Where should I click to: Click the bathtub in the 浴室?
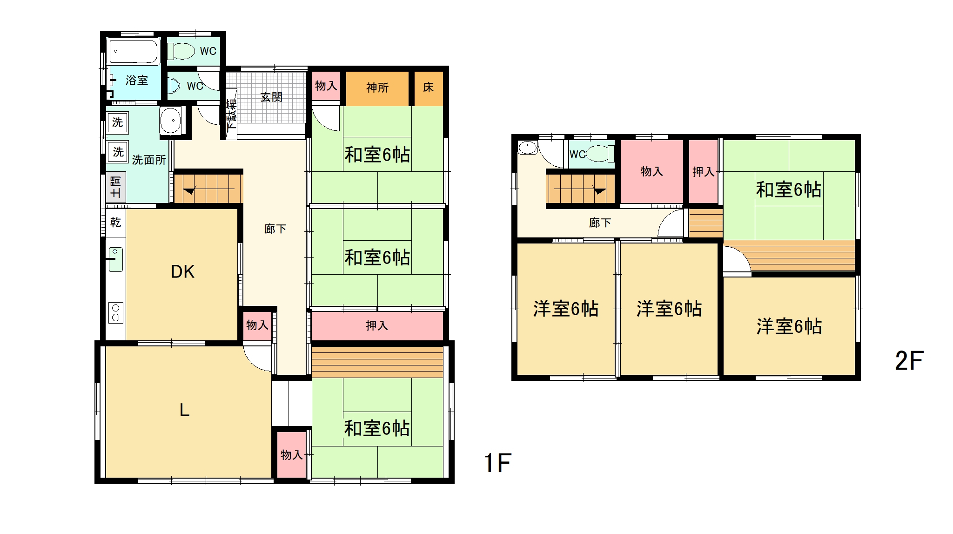[x=134, y=51]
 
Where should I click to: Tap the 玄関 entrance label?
[x=271, y=97]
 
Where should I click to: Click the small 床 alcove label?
[x=428, y=87]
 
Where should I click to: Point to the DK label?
[x=182, y=272]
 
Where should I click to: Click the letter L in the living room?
[x=184, y=410]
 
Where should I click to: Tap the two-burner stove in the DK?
[x=116, y=312]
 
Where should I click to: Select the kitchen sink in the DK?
[x=116, y=259]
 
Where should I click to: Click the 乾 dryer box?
[x=115, y=223]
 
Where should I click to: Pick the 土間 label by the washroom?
[x=115, y=186]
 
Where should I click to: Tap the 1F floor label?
[x=497, y=463]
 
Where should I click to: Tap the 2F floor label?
[x=909, y=361]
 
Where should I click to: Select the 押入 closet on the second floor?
[x=703, y=172]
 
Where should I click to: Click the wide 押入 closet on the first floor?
[x=377, y=325]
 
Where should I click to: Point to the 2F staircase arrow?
[x=599, y=190]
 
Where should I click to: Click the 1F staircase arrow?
[x=189, y=190]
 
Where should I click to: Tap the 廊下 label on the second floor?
[x=600, y=223]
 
